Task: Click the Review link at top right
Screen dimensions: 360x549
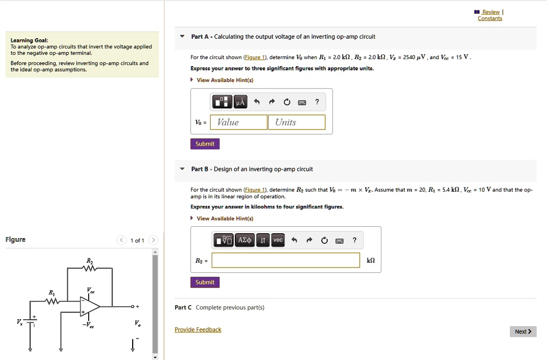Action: (x=490, y=12)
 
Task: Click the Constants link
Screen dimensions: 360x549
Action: (x=490, y=18)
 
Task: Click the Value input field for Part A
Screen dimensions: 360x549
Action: (x=239, y=123)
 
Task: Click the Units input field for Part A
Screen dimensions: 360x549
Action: (x=297, y=123)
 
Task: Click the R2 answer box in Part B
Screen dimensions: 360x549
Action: (x=286, y=261)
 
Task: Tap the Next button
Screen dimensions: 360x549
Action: (x=523, y=332)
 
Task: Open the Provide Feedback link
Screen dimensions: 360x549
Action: (x=198, y=329)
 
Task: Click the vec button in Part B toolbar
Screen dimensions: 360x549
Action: (x=278, y=240)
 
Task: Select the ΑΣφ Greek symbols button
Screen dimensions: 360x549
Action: (x=244, y=240)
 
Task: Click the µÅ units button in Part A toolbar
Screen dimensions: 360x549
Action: (x=240, y=102)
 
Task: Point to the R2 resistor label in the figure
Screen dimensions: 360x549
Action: (x=89, y=261)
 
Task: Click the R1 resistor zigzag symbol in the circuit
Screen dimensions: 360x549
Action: (x=53, y=302)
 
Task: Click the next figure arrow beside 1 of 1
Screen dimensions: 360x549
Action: (x=154, y=240)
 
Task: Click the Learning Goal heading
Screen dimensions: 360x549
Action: (x=30, y=40)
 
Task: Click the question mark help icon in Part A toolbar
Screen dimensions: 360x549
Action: (x=317, y=102)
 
